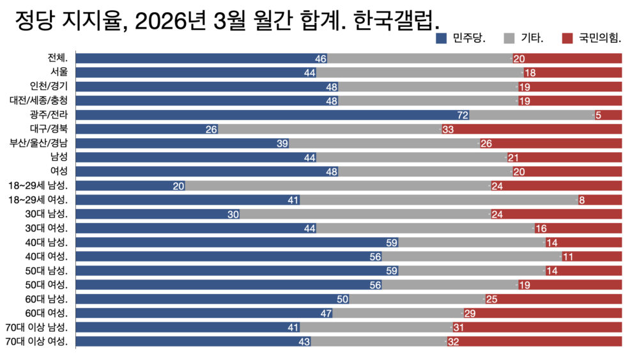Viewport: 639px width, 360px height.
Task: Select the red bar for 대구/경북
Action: (x=537, y=129)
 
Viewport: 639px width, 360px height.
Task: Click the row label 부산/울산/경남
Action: (x=40, y=143)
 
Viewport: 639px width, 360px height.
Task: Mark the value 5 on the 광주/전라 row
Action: (x=598, y=115)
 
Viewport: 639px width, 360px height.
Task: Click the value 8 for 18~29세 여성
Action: (x=581, y=200)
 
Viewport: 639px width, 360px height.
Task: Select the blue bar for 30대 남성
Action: (x=153, y=214)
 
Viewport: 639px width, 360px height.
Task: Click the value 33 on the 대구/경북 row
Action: (x=447, y=129)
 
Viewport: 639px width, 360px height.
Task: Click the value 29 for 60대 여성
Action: (x=469, y=313)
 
